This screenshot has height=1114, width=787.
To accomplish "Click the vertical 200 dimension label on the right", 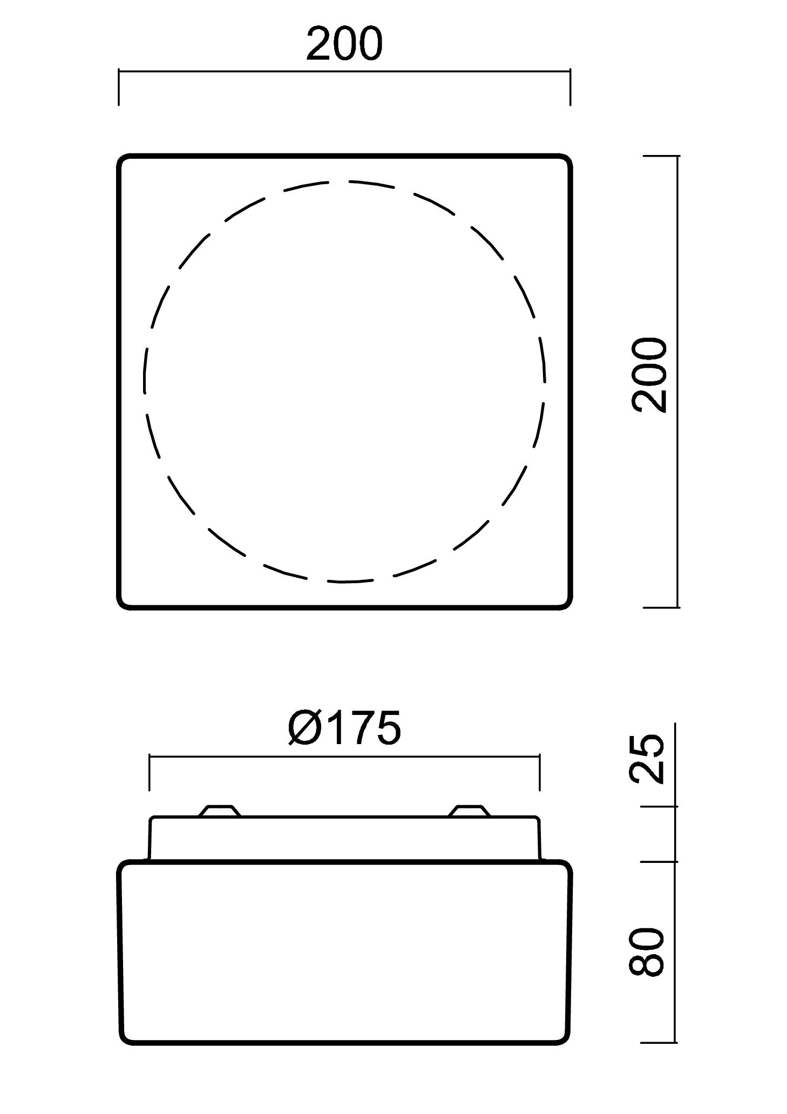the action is pyautogui.click(x=650, y=375).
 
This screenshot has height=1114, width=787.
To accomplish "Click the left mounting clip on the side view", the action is pyautogui.click(x=219, y=811).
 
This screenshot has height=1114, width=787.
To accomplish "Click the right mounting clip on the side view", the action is pyautogui.click(x=470, y=811).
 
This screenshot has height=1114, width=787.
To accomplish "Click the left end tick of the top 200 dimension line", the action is pyautogui.click(x=119, y=86).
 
